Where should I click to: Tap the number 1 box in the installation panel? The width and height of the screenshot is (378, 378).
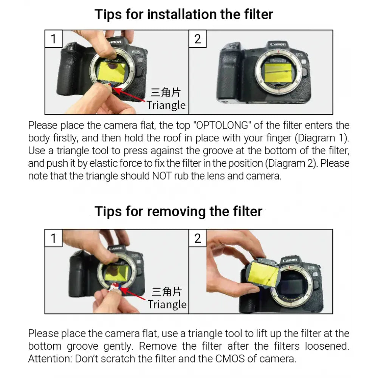tap(54, 39)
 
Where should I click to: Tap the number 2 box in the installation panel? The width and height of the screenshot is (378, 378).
tap(198, 39)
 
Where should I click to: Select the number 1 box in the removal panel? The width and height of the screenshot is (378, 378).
tap(54, 238)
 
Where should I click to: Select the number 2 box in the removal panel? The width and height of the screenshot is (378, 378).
tap(198, 238)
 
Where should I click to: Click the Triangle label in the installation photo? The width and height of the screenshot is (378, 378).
tap(166, 105)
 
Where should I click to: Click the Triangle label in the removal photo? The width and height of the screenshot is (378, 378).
tap(167, 304)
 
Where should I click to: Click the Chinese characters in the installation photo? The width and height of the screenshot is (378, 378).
tap(166, 92)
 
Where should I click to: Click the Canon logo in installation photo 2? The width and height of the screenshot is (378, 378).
tap(278, 44)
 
